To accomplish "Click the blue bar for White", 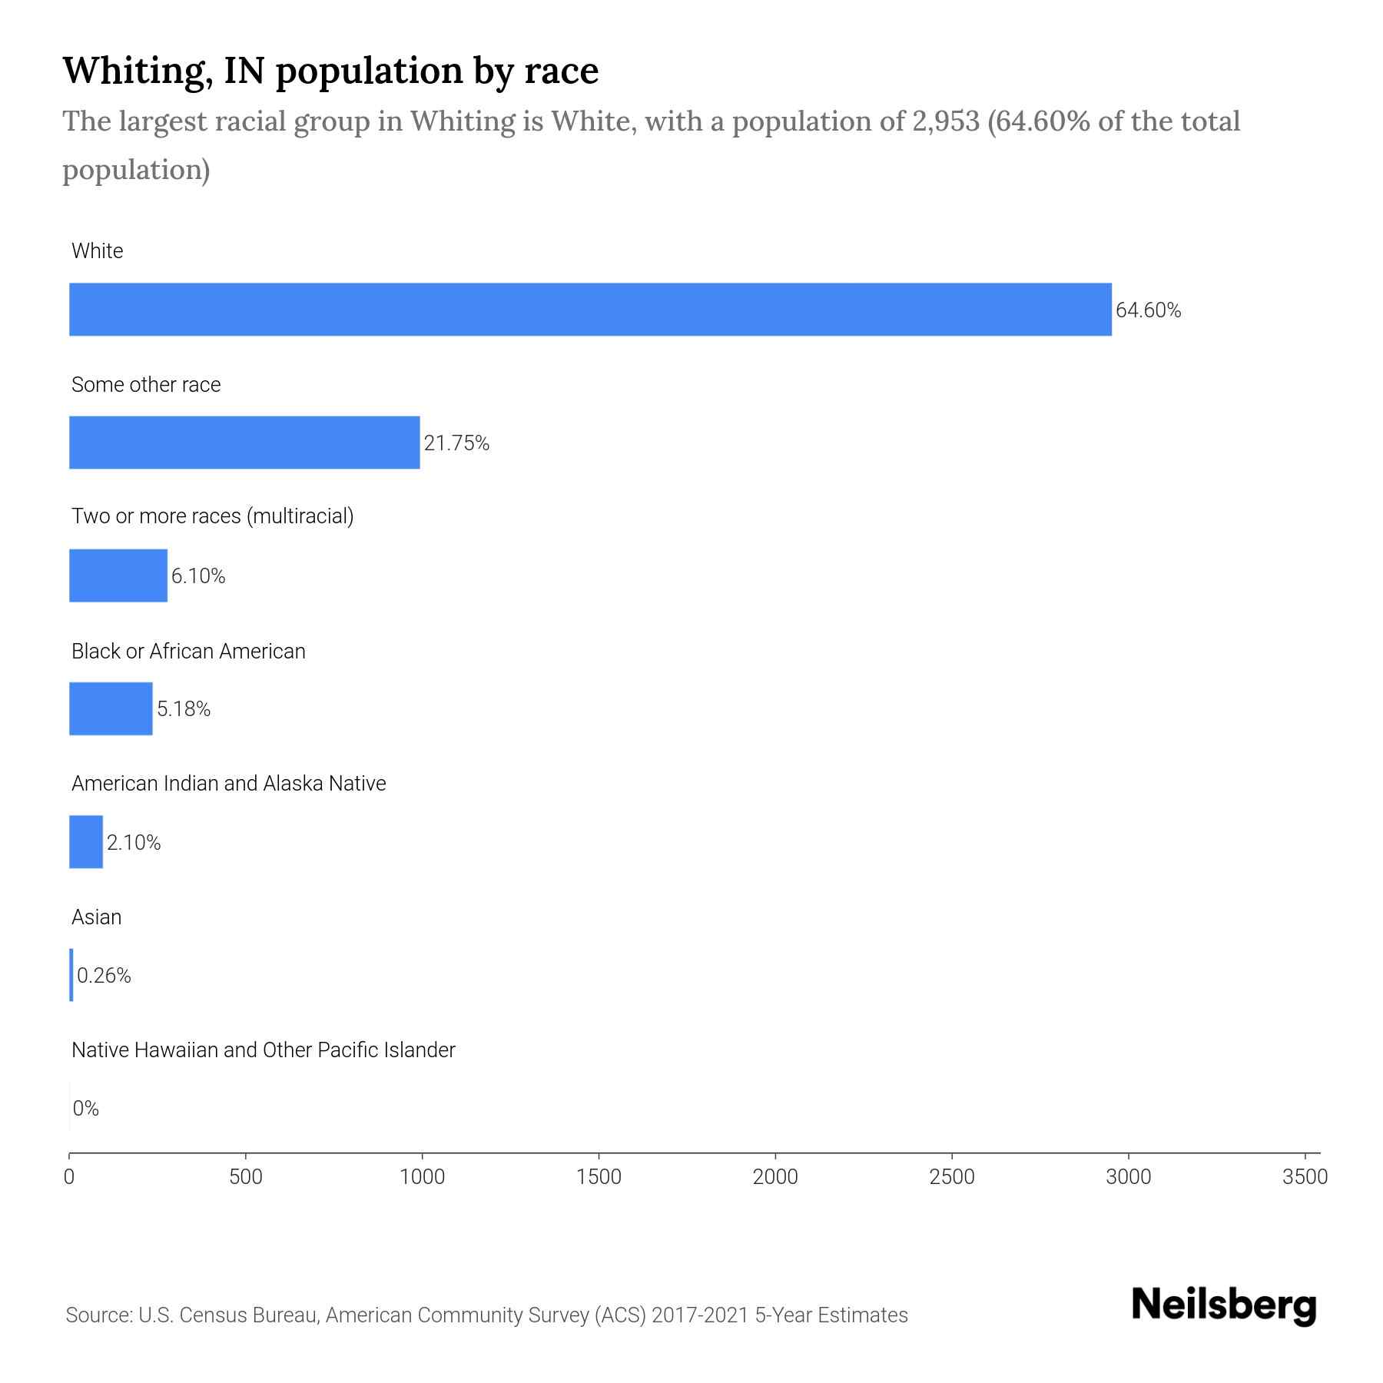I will (590, 309).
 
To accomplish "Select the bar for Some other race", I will (244, 443).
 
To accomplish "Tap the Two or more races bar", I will (118, 575).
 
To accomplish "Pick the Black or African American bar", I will (111, 708).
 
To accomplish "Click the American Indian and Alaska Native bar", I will (86, 842).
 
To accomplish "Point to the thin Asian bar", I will (71, 975).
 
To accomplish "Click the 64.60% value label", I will (1148, 310).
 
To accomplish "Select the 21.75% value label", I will (456, 443).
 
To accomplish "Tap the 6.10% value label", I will (198, 576).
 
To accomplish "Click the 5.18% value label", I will (184, 709).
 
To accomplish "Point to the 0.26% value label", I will (104, 976).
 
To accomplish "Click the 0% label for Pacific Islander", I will (86, 1109).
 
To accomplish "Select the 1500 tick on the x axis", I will (599, 1177).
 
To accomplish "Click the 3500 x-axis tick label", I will (1305, 1177).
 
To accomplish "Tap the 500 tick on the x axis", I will (246, 1177).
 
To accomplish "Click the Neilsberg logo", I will (1224, 1305).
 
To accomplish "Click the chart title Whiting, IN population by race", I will (330, 71).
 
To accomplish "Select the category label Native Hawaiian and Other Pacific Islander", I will (263, 1050).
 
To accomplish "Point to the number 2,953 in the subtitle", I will (945, 121).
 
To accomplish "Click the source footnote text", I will (486, 1315).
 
